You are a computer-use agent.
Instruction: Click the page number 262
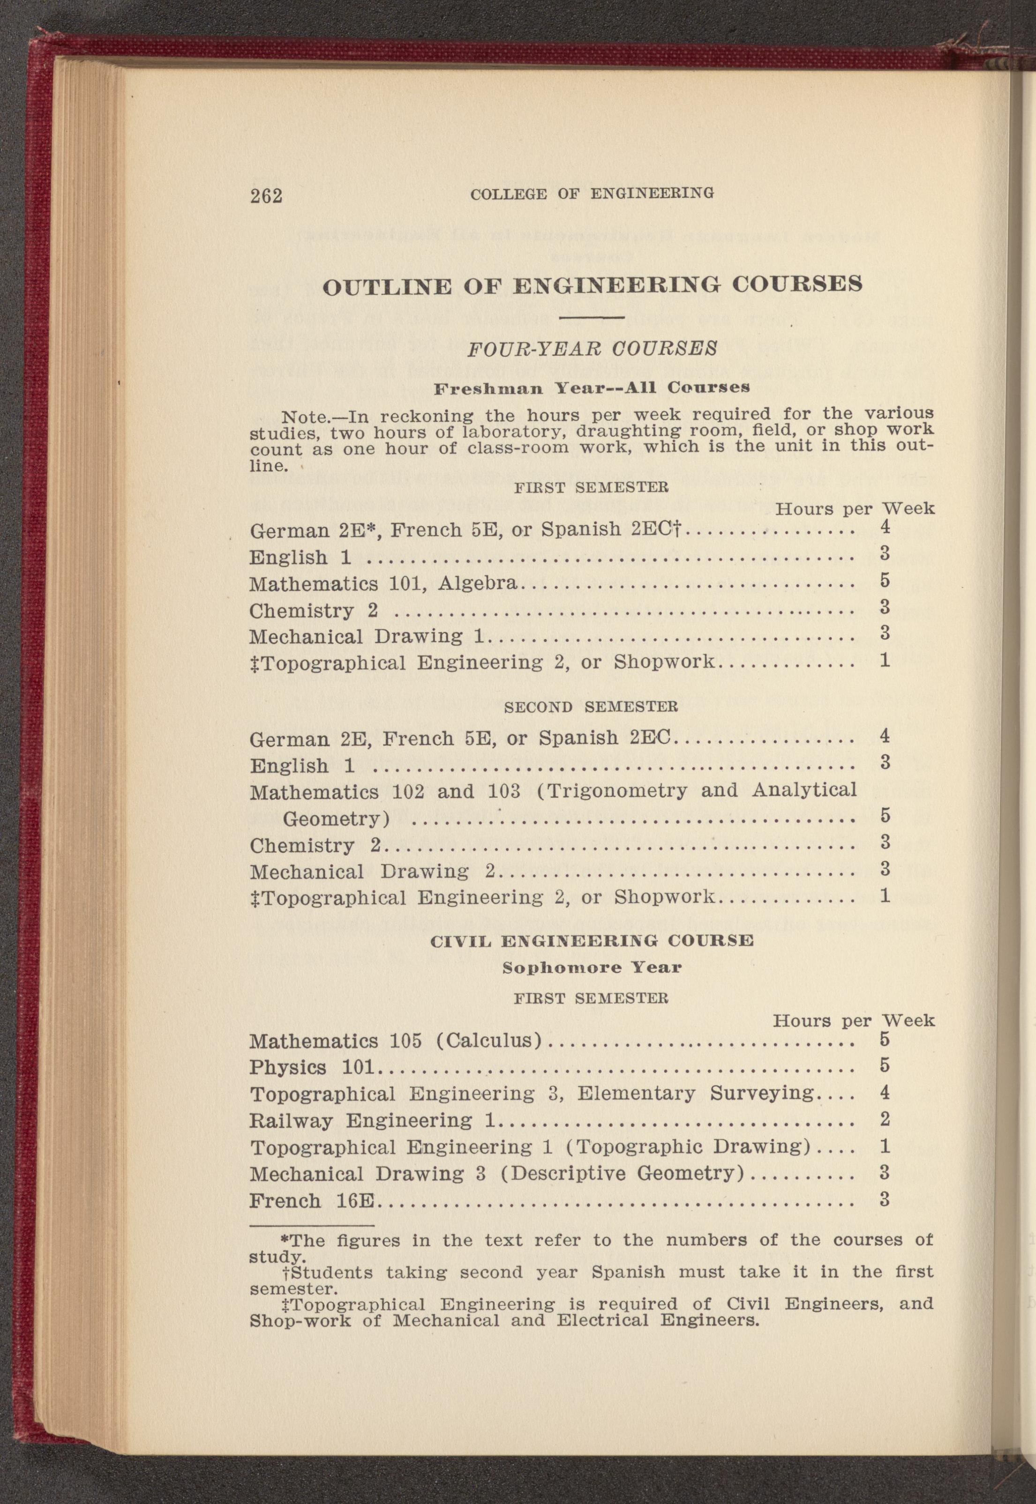(x=266, y=195)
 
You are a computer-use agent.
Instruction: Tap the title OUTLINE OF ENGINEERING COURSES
(x=592, y=285)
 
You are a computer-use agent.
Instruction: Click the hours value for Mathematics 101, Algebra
(x=884, y=580)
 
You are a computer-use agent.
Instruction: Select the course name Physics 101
(x=316, y=1067)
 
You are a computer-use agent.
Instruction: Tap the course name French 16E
(x=312, y=1200)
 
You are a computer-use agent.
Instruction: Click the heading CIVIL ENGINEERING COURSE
(x=592, y=940)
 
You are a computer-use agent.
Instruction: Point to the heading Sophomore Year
(x=592, y=968)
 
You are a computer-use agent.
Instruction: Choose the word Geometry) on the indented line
(x=336, y=819)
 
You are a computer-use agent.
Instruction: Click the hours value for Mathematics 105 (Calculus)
(x=884, y=1039)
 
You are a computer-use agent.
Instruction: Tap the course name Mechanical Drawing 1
(x=367, y=637)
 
